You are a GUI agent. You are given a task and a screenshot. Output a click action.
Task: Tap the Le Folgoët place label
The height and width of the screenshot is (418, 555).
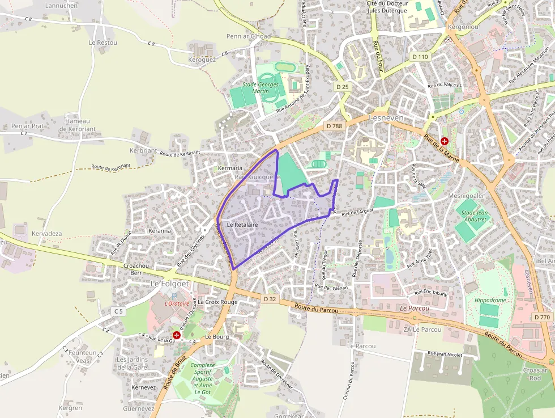pyautogui.click(x=170, y=283)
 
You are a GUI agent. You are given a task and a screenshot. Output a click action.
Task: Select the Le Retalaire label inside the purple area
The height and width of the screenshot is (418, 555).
pyautogui.click(x=242, y=225)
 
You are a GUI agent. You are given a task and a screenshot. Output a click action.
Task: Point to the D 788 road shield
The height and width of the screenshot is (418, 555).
pyautogui.click(x=334, y=126)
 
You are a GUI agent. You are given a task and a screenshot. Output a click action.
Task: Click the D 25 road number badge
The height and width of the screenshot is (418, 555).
pyautogui.click(x=342, y=87)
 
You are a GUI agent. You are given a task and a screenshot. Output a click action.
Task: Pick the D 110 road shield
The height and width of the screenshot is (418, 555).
pyautogui.click(x=420, y=57)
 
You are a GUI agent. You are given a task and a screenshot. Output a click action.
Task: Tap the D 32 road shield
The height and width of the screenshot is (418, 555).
pyautogui.click(x=270, y=298)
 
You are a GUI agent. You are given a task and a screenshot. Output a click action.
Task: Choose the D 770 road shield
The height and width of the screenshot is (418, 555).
pyautogui.click(x=542, y=317)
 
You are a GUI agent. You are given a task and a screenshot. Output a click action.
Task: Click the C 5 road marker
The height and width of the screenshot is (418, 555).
pyautogui.click(x=118, y=311)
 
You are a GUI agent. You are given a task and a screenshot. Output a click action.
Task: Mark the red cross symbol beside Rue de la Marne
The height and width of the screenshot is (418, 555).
pyautogui.click(x=445, y=141)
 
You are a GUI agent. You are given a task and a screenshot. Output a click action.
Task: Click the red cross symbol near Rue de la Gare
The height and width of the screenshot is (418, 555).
pyautogui.click(x=177, y=335)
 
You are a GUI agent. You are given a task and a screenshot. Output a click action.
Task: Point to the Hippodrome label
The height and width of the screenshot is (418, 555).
pyautogui.click(x=490, y=300)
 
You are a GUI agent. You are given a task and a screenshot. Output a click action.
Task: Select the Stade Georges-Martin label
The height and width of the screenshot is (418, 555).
pyautogui.click(x=261, y=88)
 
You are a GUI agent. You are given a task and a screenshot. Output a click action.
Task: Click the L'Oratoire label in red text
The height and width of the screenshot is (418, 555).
pyautogui.click(x=177, y=303)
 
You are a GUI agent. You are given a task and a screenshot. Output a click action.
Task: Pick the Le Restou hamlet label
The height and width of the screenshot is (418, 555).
pyautogui.click(x=103, y=43)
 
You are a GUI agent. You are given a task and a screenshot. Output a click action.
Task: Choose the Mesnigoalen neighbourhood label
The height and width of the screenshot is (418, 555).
pyautogui.click(x=467, y=196)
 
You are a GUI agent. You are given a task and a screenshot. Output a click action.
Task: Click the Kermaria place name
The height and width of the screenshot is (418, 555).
pyautogui.click(x=230, y=168)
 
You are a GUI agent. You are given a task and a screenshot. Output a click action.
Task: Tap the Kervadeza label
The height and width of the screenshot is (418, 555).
pyautogui.click(x=47, y=234)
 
